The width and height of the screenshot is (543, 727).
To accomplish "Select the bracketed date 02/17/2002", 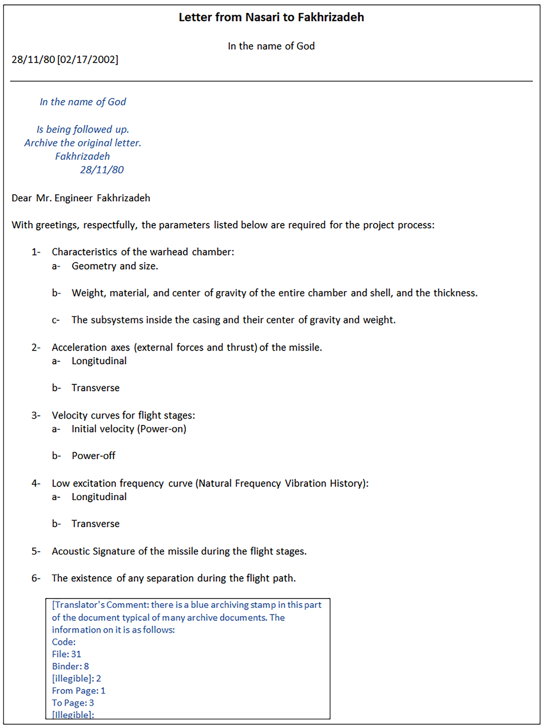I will click(88, 60).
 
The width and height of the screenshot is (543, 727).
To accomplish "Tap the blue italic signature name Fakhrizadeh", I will click(82, 156).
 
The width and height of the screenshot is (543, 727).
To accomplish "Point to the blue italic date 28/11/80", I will click(102, 170).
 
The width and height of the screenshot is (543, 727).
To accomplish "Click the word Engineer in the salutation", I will click(73, 198).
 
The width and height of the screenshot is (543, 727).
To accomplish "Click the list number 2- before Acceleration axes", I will click(36, 348).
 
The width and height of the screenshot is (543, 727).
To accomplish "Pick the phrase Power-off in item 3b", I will click(94, 456).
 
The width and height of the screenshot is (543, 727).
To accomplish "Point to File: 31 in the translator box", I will click(67, 654).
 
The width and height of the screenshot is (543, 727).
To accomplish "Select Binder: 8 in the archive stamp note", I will click(70, 666).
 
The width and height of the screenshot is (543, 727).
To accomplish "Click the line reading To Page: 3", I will click(73, 703).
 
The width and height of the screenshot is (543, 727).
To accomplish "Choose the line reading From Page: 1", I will click(79, 691).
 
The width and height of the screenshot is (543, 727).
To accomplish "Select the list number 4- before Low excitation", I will click(36, 484).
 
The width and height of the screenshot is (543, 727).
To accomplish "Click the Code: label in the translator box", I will click(64, 642).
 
